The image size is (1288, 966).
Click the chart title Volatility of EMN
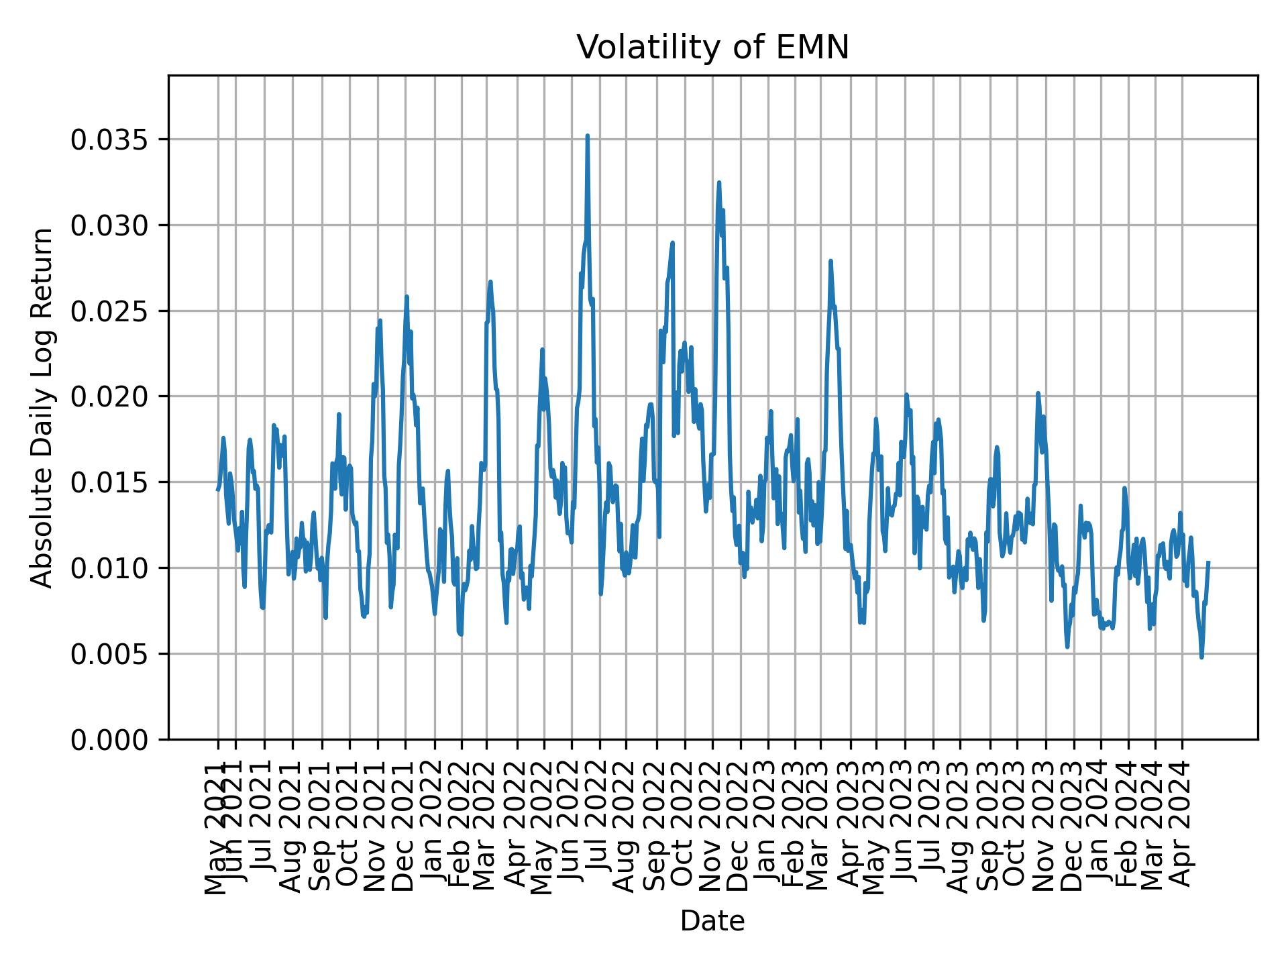click(x=712, y=48)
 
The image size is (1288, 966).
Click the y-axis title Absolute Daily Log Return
click(x=43, y=408)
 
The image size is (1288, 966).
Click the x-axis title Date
click(x=712, y=921)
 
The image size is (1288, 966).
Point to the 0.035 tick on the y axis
click(x=109, y=140)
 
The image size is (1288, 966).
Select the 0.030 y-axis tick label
click(x=109, y=225)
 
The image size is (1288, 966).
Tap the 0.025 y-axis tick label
click(x=109, y=311)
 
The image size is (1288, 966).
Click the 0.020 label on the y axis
click(x=109, y=396)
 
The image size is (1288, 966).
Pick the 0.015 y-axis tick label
click(x=109, y=482)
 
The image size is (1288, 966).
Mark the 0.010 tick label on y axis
click(x=109, y=568)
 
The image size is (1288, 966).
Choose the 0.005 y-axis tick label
click(x=109, y=654)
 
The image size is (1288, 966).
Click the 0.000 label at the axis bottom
click(x=109, y=739)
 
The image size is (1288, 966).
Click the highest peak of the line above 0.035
click(x=587, y=136)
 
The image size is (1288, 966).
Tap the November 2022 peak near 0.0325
click(x=718, y=182)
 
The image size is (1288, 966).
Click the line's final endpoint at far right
click(x=1208, y=563)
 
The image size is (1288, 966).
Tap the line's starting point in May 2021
click(x=217, y=490)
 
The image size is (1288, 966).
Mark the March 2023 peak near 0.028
click(x=830, y=261)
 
